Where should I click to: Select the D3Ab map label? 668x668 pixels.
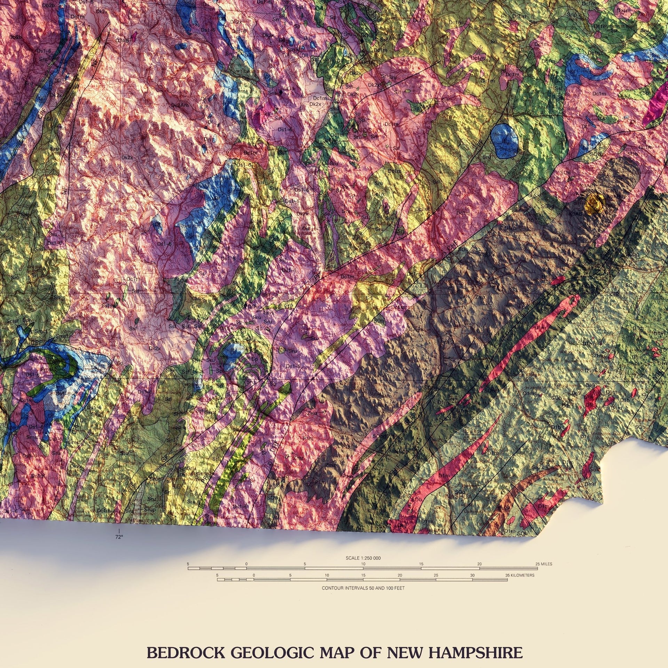pyautogui.click(x=122, y=40)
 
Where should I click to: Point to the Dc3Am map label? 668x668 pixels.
pyautogui.click(x=180, y=105)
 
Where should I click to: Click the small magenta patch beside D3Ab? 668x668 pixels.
pyautogui.click(x=134, y=36)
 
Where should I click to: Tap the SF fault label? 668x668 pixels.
pyautogui.click(x=164, y=459)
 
